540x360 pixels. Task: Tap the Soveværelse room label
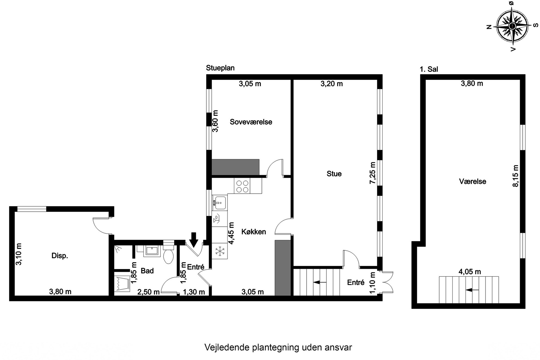tap(251, 122)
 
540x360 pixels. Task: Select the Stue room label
tap(334, 174)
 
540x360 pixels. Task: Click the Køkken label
tap(254, 232)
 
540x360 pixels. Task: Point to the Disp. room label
tap(60, 256)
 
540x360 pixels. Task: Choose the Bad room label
tap(147, 271)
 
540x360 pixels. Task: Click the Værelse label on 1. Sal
tap(472, 181)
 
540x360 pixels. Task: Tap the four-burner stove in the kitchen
tap(242, 186)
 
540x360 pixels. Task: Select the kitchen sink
tap(219, 203)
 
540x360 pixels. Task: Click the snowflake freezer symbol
tap(219, 251)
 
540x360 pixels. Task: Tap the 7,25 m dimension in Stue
tap(372, 173)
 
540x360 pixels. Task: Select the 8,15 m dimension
tap(515, 176)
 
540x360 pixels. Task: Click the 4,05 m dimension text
tap(470, 272)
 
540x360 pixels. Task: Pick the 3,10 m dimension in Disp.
tap(19, 254)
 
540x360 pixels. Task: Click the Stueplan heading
tap(220, 68)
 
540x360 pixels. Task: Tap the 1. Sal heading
tap(429, 69)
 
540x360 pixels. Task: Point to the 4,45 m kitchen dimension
tap(231, 233)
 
